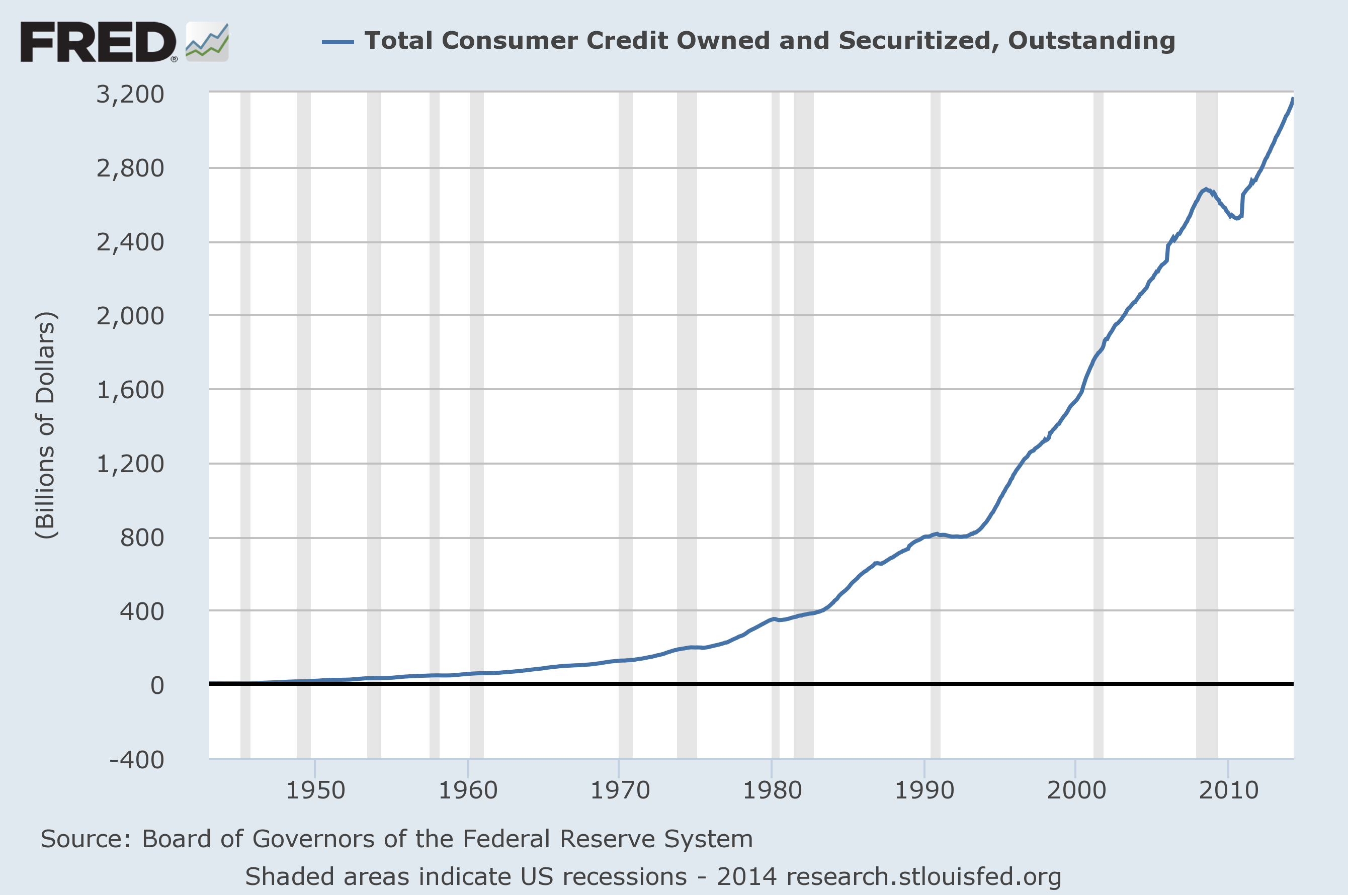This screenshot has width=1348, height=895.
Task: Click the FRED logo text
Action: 98,42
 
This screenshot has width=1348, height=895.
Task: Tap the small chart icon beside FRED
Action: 207,42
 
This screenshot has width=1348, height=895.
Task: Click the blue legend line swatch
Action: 338,42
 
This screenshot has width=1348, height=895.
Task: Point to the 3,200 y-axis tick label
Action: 130,94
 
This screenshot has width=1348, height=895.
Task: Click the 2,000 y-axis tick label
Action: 130,316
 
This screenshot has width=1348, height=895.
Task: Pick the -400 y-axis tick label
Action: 137,760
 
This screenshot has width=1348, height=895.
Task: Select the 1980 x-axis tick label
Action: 772,790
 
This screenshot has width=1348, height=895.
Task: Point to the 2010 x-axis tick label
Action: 1229,790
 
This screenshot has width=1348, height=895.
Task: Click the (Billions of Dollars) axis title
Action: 46,425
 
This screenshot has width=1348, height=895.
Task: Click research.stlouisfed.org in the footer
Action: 923,877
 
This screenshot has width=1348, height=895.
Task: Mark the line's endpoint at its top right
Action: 1293,100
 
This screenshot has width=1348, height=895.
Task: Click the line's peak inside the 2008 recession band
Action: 1206,189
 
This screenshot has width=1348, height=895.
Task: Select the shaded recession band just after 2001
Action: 1098,425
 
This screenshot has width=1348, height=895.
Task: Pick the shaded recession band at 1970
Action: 625,425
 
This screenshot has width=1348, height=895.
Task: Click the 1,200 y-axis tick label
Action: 130,464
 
